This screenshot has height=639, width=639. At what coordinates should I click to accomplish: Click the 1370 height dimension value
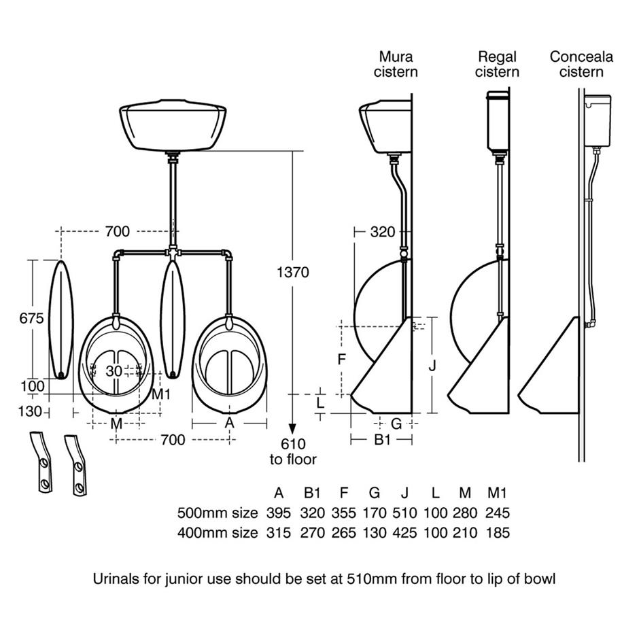292,273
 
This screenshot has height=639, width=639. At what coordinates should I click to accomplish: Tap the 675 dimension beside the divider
31,318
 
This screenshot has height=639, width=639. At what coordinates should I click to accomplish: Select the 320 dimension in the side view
382,232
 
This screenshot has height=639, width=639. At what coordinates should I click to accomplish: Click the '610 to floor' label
293,451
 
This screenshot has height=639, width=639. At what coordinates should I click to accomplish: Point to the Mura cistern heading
396,64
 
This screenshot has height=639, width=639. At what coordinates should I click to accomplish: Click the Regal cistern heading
497,64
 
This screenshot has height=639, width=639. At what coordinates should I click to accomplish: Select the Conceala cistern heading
581,64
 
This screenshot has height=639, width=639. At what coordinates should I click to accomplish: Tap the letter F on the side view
343,359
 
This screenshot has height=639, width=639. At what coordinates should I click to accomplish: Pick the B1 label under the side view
383,440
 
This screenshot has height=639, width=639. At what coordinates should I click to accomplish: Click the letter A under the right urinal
230,423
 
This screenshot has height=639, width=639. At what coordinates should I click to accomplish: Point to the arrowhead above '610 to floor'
292,429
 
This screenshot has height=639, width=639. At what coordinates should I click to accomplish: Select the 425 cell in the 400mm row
405,532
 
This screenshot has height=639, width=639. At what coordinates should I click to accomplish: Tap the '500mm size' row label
218,513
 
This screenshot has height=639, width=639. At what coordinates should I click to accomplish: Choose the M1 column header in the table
498,492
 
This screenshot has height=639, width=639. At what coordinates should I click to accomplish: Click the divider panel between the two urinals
172,317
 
